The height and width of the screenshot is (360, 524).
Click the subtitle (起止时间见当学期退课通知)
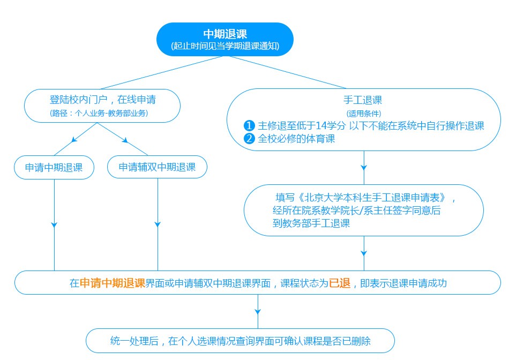pos(225,47)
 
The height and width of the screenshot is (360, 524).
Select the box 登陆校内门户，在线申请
pos(102,100)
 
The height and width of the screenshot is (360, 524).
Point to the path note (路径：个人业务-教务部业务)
pos(99,113)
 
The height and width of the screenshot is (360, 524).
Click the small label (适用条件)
pos(363,114)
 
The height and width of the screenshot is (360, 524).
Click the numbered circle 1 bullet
pos(249,126)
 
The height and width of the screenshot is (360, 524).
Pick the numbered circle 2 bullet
pos(249,139)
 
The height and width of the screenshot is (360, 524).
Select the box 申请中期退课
pos(54,168)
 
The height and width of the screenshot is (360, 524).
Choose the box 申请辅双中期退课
pos(157,168)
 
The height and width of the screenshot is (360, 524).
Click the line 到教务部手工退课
pos(311,223)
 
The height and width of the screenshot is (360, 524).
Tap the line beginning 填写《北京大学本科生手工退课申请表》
pos(364,197)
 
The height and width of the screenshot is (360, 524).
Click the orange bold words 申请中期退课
pos(113,283)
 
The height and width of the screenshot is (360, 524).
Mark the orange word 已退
pos(340,283)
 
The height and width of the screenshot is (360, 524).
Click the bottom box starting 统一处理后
pos(241,341)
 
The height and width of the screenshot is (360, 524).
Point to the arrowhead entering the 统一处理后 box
pos(258,310)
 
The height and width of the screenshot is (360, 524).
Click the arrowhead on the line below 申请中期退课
pos(54,224)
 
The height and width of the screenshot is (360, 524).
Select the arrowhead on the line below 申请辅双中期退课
pos(158,224)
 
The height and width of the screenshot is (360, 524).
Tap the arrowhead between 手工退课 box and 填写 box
pos(364,168)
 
